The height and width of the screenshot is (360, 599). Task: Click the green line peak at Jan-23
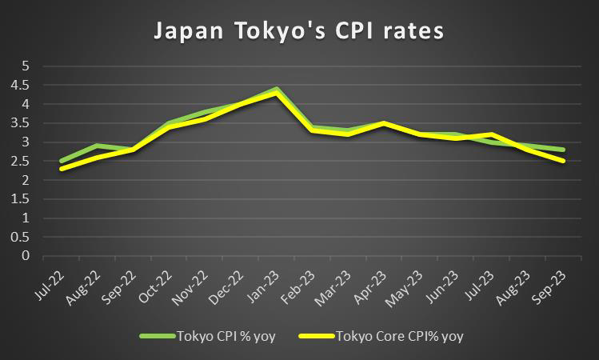coord(276,89)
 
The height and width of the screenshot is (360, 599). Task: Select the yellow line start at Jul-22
coord(61,169)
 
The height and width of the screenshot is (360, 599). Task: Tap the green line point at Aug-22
coord(97,146)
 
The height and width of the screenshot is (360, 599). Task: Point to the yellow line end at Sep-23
coord(564,161)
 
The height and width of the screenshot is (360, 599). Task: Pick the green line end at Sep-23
coord(564,150)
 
